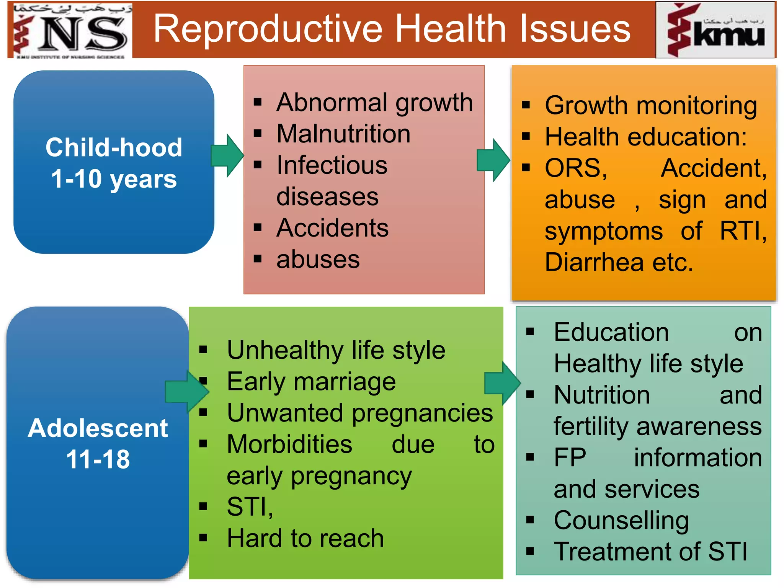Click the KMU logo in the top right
[x=715, y=30]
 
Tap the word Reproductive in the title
[x=268, y=29]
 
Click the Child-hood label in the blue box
[x=114, y=147]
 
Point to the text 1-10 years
[x=114, y=179]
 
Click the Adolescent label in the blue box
[x=98, y=428]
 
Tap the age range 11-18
[x=98, y=459]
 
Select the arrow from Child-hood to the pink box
[x=227, y=155]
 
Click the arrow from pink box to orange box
[x=493, y=160]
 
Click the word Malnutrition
[x=343, y=134]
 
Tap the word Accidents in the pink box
[x=332, y=228]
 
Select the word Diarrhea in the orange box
[x=594, y=263]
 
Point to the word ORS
[x=576, y=168]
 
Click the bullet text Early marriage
[x=311, y=382]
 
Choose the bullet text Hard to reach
[x=305, y=539]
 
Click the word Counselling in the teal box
[x=621, y=521]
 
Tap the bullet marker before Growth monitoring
[x=526, y=105]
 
